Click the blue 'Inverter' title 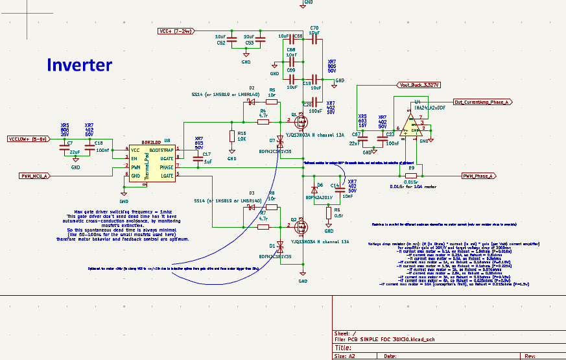(78, 65)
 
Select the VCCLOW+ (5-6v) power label (27, 139)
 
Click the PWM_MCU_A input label (34, 175)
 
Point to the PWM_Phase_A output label (478, 176)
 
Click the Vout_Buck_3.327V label (419, 84)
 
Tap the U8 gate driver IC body (151, 163)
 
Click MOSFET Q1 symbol (300, 121)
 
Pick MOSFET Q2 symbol (300, 227)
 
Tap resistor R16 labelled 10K (232, 136)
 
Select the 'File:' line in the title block (389, 339)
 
